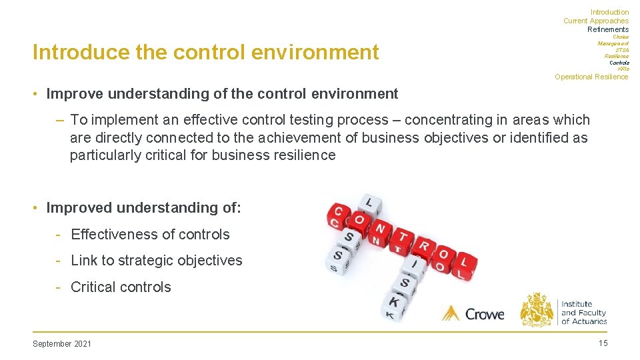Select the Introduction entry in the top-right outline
click(x=609, y=12)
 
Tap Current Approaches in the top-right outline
click(x=595, y=21)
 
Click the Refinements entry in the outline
click(x=607, y=29)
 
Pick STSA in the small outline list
click(x=621, y=50)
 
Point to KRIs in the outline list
click(x=623, y=69)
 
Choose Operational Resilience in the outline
click(x=591, y=77)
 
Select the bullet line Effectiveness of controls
click(x=149, y=235)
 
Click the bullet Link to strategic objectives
click(x=156, y=261)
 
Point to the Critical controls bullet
click(x=121, y=287)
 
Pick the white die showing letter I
click(x=414, y=266)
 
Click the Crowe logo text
click(x=484, y=313)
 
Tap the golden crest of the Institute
click(x=537, y=309)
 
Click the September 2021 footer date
click(x=62, y=344)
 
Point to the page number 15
click(x=603, y=343)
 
